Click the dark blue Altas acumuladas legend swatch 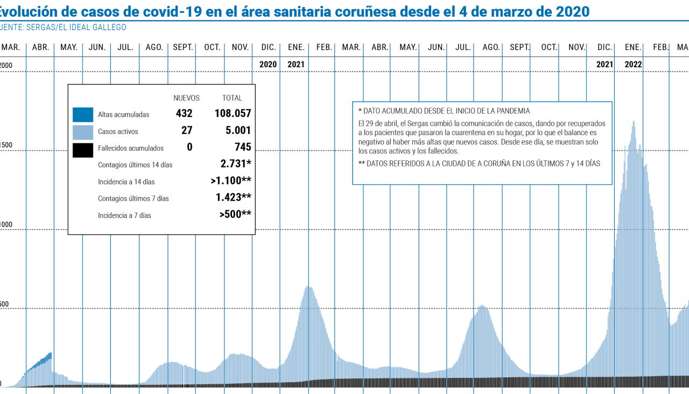pos(83,115)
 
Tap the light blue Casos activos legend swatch pos(83,131)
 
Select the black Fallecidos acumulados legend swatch pos(83,149)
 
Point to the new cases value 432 pos(184,114)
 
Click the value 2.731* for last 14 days pos(236,164)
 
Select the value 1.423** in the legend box pos(233,198)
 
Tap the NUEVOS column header pos(186,98)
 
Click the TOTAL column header pos(232,98)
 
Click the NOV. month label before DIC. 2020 pos(240,47)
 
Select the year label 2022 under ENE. pos(633,65)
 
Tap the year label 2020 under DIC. pos(268,65)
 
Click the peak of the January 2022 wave pos(634,122)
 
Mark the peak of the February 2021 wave pos(309,287)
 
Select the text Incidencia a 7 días pos(124,215)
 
